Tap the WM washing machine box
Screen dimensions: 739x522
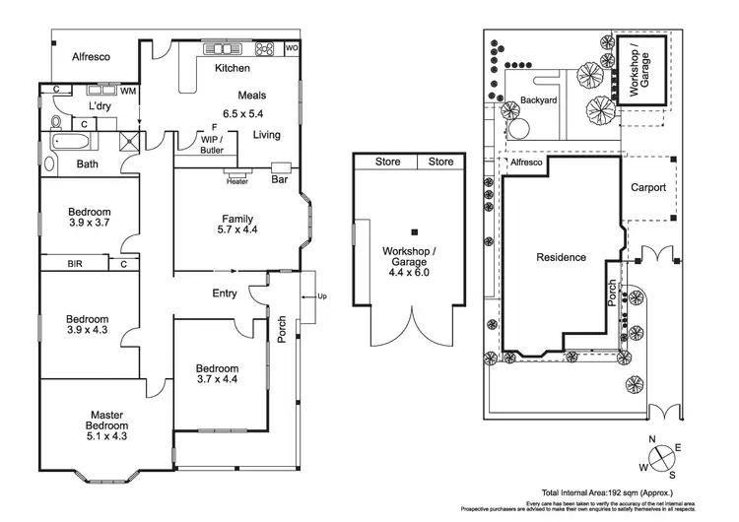click(128, 92)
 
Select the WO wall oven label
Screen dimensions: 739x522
click(292, 48)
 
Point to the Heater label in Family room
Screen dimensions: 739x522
click(236, 181)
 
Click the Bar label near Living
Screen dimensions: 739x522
click(279, 180)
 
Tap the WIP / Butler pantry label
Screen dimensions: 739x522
click(212, 143)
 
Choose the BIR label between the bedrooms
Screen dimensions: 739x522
click(75, 264)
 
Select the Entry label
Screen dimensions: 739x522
click(225, 293)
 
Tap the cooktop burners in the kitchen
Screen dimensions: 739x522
click(263, 48)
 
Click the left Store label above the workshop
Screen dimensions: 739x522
click(387, 162)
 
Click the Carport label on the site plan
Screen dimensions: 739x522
click(648, 187)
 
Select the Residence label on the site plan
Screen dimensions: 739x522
click(561, 258)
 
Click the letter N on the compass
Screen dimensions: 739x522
click(651, 439)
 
